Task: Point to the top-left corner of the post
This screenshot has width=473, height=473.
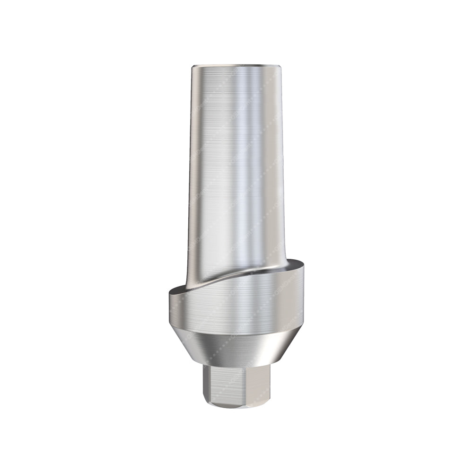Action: tap(192, 67)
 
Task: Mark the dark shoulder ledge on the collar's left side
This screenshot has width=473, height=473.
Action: tap(177, 289)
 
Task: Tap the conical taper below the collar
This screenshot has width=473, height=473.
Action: tap(236, 348)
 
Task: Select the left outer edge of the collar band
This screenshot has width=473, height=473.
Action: tap(169, 307)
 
